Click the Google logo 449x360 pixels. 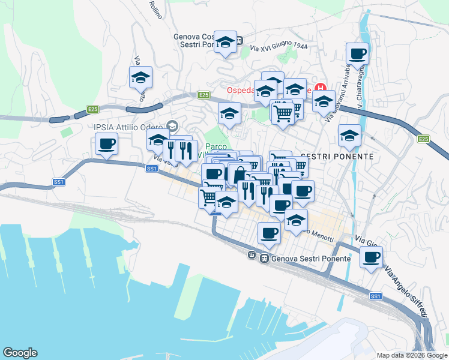click(20, 353)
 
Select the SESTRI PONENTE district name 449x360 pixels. click(337, 156)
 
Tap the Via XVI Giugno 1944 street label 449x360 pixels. click(279, 47)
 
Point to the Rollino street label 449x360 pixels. click(155, 10)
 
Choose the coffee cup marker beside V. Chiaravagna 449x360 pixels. click(357, 53)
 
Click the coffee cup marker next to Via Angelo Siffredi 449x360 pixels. click(371, 257)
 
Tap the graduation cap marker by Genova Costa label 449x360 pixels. click(225, 42)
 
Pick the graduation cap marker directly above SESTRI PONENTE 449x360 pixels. click(349, 135)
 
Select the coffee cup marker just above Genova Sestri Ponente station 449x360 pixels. click(269, 232)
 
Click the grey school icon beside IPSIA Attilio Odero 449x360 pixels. click(173, 126)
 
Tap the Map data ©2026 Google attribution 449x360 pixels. click(412, 355)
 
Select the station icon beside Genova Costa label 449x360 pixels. click(239, 41)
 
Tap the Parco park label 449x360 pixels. click(215, 146)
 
